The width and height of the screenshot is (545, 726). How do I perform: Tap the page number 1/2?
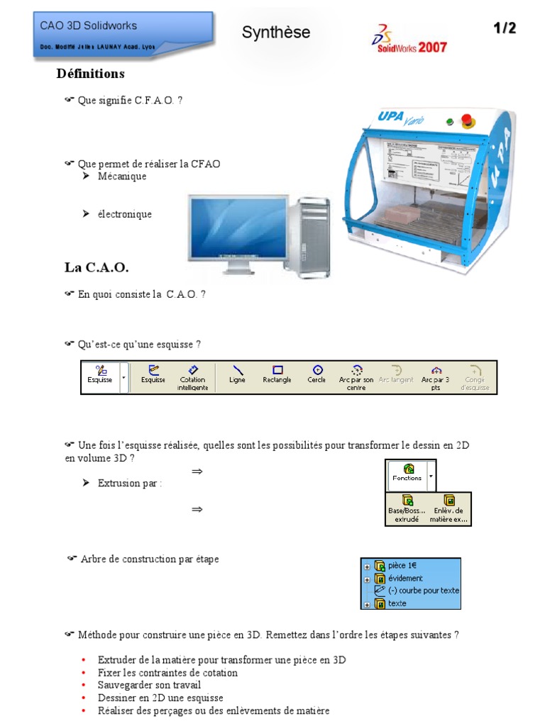[x=505, y=28]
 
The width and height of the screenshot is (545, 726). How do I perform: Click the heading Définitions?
[x=90, y=74]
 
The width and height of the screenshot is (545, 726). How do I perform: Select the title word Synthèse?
[x=276, y=32]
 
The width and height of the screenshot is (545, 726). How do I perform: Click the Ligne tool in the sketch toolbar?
[x=238, y=374]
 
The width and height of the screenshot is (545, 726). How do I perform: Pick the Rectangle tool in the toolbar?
[x=277, y=374]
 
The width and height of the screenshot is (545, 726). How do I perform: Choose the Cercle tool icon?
[x=317, y=374]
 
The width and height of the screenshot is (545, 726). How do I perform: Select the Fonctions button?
[x=407, y=473]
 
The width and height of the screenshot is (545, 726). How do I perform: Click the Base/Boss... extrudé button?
[x=407, y=509]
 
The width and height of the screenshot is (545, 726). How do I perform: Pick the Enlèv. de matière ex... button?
[x=448, y=509]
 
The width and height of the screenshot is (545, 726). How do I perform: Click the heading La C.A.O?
[x=97, y=267]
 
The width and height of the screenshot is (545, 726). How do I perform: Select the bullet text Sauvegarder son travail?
[x=149, y=685]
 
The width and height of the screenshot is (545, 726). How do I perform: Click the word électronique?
[x=125, y=214]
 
